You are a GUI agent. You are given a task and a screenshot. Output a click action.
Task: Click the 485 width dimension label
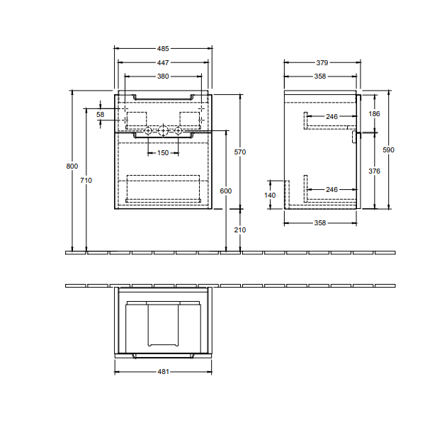coord(163,48)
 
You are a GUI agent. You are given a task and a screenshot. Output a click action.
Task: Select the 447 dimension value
coord(163,62)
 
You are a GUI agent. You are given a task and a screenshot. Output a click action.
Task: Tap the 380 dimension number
coord(163,76)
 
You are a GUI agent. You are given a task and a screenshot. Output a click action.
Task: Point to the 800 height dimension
coord(72,166)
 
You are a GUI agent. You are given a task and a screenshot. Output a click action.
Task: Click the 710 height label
coord(86,180)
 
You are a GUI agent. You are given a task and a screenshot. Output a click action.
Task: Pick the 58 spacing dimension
coord(101,115)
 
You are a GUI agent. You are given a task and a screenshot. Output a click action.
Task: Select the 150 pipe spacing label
coord(163,153)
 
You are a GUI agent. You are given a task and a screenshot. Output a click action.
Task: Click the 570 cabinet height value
coord(240,152)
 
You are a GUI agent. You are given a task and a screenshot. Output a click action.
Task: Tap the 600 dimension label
coord(226,191)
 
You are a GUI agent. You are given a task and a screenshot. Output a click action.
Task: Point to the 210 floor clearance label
coord(240,229)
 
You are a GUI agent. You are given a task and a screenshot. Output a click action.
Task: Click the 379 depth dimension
coord(322,62)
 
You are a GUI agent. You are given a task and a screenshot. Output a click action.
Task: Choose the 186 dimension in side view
coord(374,114)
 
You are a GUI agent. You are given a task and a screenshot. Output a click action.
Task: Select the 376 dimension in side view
coord(374,171)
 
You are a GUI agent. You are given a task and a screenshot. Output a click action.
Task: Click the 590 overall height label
coord(388,150)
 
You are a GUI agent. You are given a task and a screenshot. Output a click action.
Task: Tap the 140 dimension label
coord(270,195)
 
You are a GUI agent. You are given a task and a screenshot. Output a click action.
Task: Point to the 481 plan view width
coord(163,372)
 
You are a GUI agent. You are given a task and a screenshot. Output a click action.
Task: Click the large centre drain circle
coord(163,131)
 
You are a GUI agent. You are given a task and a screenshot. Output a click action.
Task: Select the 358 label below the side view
coord(320,223)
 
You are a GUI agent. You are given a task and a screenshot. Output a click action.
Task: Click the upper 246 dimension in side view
coord(331,117)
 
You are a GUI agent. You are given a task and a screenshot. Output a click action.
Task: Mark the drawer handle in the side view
coord(354,137)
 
